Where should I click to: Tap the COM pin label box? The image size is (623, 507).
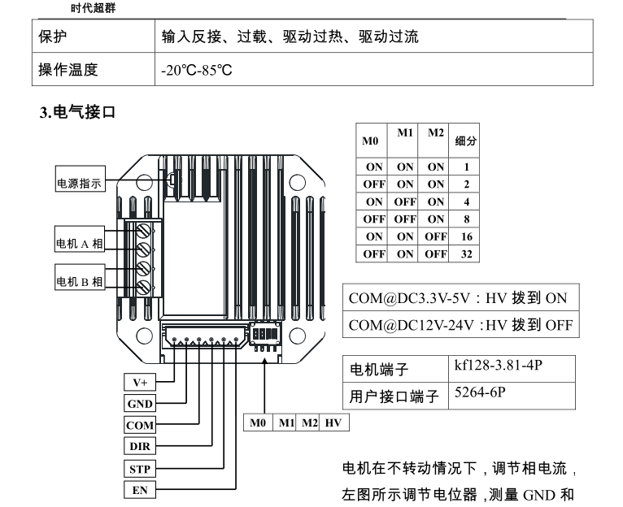click(x=139, y=425)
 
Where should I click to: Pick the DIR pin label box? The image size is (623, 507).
click(x=139, y=446)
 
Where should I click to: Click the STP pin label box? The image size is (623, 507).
click(x=139, y=468)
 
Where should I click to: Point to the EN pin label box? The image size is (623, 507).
click(x=139, y=489)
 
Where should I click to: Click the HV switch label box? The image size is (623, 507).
click(x=333, y=423)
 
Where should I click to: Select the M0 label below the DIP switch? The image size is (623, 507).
click(x=258, y=423)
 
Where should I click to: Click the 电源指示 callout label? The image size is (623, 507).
click(x=79, y=184)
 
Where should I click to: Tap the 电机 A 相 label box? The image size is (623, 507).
click(x=79, y=242)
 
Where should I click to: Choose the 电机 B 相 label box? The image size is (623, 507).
click(x=79, y=282)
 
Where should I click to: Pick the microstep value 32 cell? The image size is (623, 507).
click(x=466, y=254)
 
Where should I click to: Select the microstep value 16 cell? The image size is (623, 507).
click(x=466, y=236)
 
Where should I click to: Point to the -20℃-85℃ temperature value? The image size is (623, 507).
click(x=198, y=70)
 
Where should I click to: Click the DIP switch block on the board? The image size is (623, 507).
click(x=266, y=334)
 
